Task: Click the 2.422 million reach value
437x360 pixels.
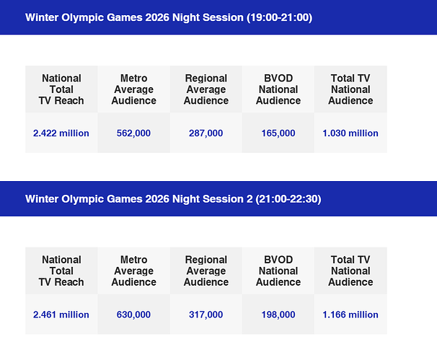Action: pos(61,133)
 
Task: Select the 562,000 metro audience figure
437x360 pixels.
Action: pos(133,133)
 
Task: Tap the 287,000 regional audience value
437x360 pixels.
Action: pos(206,133)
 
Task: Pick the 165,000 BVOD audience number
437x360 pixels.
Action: pos(278,133)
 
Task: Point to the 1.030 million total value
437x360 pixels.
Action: pos(350,133)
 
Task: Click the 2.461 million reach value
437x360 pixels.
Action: pos(61,315)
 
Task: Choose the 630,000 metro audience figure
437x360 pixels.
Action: pos(133,315)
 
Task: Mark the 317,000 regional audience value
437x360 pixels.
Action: pos(206,315)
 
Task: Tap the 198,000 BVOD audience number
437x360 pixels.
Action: pos(278,315)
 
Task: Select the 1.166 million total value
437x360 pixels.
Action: pos(350,315)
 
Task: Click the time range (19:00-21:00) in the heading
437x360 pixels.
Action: pos(279,17)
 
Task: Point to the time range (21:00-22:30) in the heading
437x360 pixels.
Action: pos(288,199)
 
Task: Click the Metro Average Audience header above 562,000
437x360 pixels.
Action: pos(134,89)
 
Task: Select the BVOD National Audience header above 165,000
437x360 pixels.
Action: pos(278,89)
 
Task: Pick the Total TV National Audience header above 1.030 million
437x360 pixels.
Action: pos(350,89)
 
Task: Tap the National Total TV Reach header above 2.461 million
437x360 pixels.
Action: pos(61,271)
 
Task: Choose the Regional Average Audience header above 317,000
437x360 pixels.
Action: pos(206,271)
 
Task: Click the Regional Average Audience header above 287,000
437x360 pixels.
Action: pos(206,89)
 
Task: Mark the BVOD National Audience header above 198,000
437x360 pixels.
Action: pos(278,271)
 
